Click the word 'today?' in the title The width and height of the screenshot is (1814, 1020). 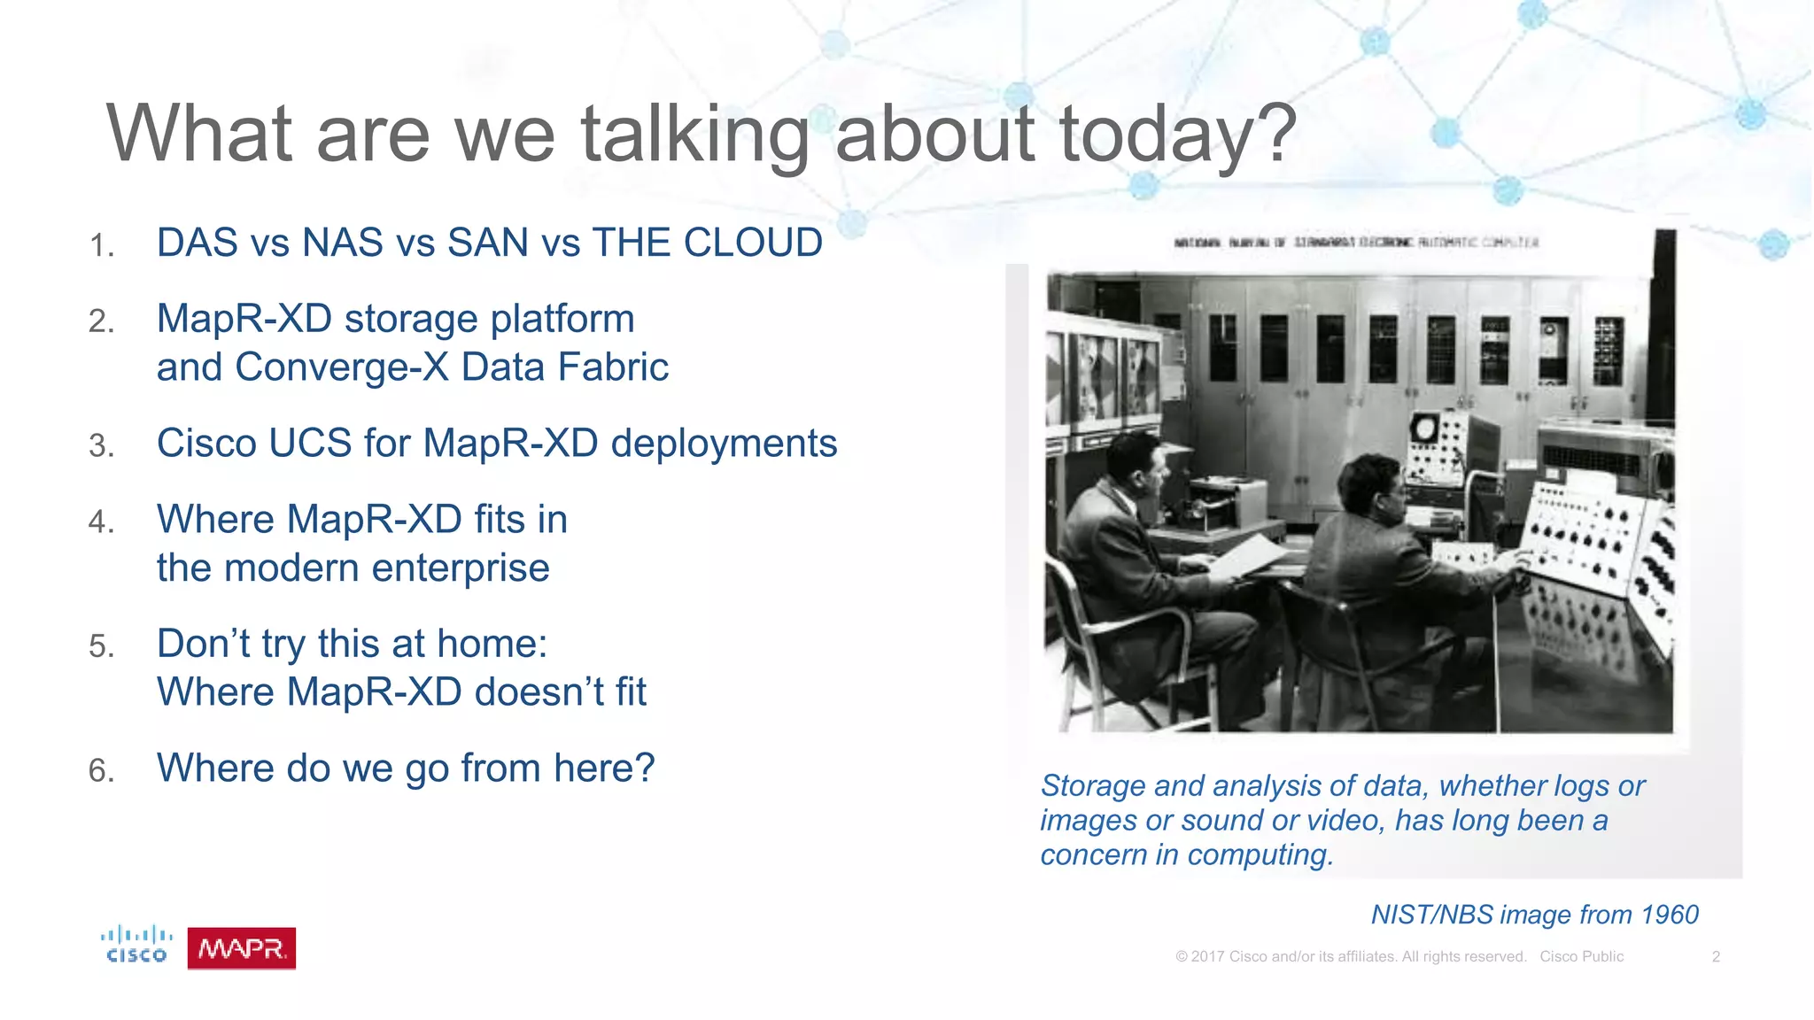1178,135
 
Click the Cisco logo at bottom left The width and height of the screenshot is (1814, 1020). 136,945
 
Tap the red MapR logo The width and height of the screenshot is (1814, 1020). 241,948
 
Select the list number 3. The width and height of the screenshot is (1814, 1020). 101,445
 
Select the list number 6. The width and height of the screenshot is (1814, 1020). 101,770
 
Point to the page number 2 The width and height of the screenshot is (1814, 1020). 1716,956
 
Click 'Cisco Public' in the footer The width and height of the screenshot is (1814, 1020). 1581,956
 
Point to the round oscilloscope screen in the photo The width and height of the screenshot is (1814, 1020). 1423,429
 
